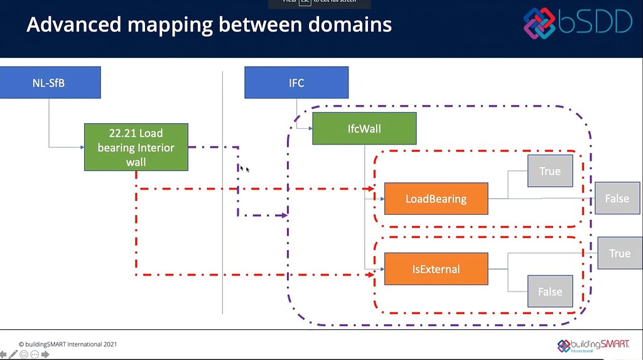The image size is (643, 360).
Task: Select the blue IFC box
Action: (x=296, y=83)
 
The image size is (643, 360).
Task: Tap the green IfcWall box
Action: (x=364, y=129)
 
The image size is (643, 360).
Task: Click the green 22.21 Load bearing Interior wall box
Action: (x=136, y=147)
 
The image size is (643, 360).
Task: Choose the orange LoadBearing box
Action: (x=436, y=199)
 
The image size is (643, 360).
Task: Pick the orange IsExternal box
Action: (x=436, y=269)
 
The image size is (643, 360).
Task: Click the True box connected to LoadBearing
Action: (x=549, y=171)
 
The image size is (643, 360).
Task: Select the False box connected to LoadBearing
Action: (x=617, y=199)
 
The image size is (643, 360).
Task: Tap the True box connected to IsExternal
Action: (x=619, y=253)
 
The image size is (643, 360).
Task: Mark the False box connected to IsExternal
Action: (x=549, y=292)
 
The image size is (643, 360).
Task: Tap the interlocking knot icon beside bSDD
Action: (x=539, y=23)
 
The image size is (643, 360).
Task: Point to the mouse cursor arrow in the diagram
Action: (x=242, y=168)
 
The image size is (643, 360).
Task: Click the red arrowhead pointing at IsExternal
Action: (x=370, y=275)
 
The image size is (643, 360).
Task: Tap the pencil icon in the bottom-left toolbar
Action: (x=13, y=354)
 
